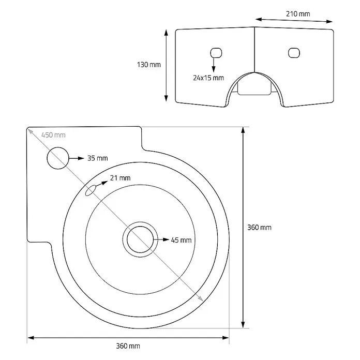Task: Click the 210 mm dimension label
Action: (x=298, y=14)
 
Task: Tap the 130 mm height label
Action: (x=149, y=65)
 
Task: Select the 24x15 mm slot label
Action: (x=208, y=78)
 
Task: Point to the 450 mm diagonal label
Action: (x=53, y=135)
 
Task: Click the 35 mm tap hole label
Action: (x=98, y=158)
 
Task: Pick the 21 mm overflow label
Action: (x=121, y=178)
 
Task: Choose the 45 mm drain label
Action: (x=181, y=240)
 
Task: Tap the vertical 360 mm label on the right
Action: (x=259, y=228)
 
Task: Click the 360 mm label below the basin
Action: (x=128, y=346)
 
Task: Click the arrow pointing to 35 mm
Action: (x=77, y=158)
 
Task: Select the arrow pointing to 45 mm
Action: (x=161, y=239)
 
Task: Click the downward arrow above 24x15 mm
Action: (x=214, y=65)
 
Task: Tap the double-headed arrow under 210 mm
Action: (x=294, y=20)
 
